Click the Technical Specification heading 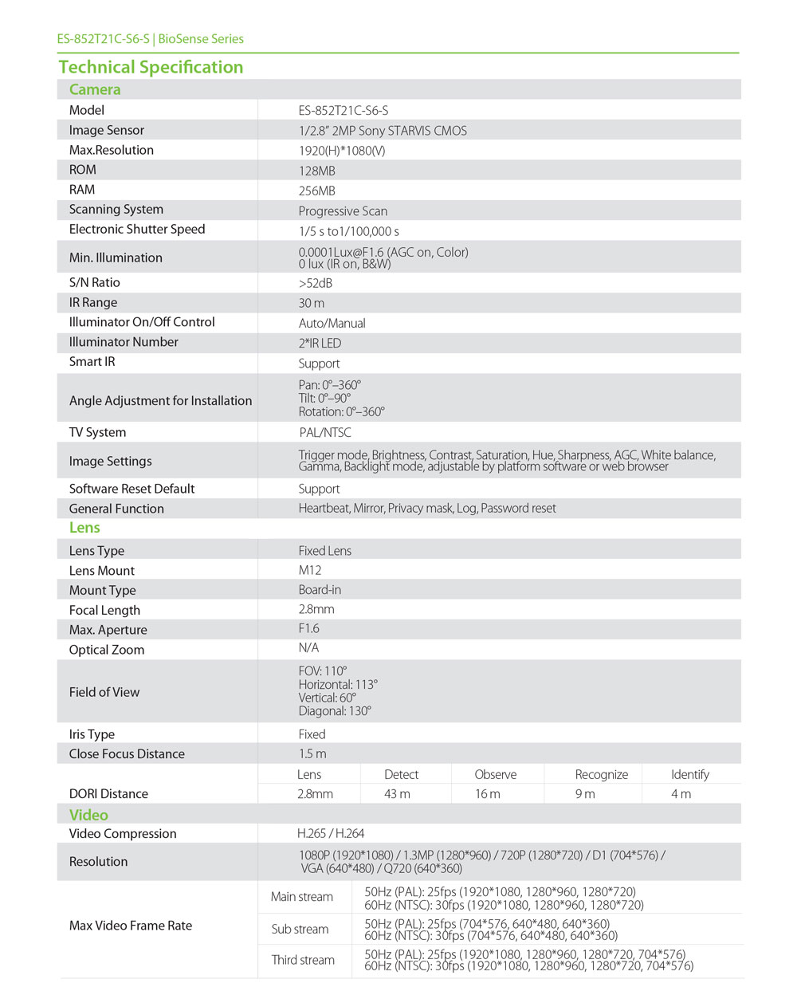click(151, 67)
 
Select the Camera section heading click(95, 89)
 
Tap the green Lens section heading click(84, 528)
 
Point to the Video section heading click(88, 815)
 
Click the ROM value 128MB click(316, 171)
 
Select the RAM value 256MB click(316, 191)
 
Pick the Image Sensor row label click(107, 130)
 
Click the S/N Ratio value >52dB click(315, 283)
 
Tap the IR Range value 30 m click(311, 303)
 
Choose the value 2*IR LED click(320, 343)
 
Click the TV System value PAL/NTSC click(324, 432)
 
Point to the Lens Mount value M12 click(310, 570)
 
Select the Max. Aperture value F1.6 click(308, 628)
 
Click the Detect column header click(401, 774)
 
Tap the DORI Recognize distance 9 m click(585, 794)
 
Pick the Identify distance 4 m click(681, 794)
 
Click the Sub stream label click(300, 929)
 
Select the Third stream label click(303, 960)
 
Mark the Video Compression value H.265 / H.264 click(331, 833)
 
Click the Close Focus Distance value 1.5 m click(312, 753)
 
